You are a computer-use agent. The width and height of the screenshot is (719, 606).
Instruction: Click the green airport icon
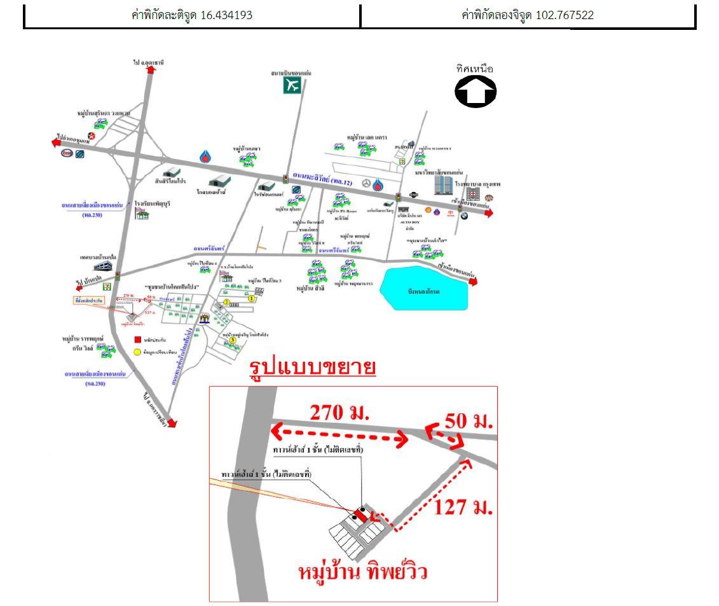292,86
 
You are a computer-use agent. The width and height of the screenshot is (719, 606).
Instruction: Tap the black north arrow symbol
476,92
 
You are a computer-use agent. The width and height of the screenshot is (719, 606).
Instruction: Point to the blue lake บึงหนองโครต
423,289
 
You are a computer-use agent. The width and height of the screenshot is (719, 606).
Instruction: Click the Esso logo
67,153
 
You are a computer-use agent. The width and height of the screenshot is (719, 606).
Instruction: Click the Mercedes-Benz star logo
366,184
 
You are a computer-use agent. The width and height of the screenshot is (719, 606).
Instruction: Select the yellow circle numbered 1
251,298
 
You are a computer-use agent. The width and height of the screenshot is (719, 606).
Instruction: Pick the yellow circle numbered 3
233,340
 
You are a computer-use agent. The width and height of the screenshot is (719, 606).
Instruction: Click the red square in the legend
137,341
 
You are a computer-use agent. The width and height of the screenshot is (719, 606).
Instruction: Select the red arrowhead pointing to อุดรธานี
151,71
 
